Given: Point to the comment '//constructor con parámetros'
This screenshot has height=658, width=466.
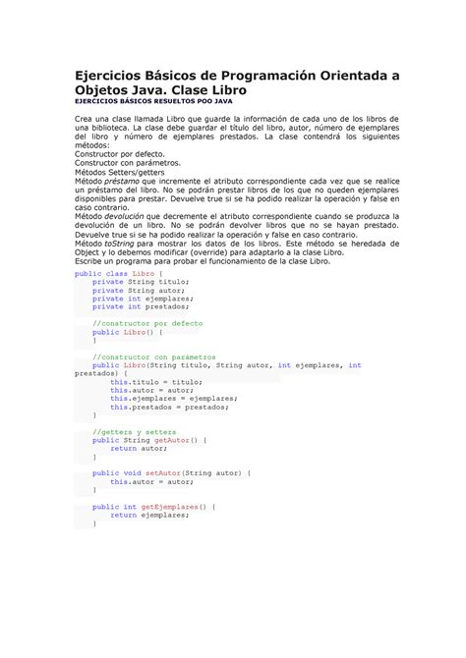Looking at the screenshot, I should click(x=153, y=356).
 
